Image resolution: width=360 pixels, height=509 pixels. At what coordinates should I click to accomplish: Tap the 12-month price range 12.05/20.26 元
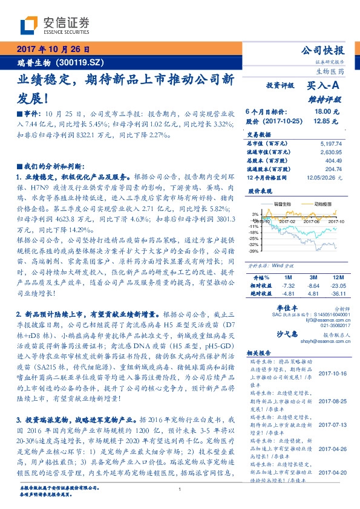tap(326, 178)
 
